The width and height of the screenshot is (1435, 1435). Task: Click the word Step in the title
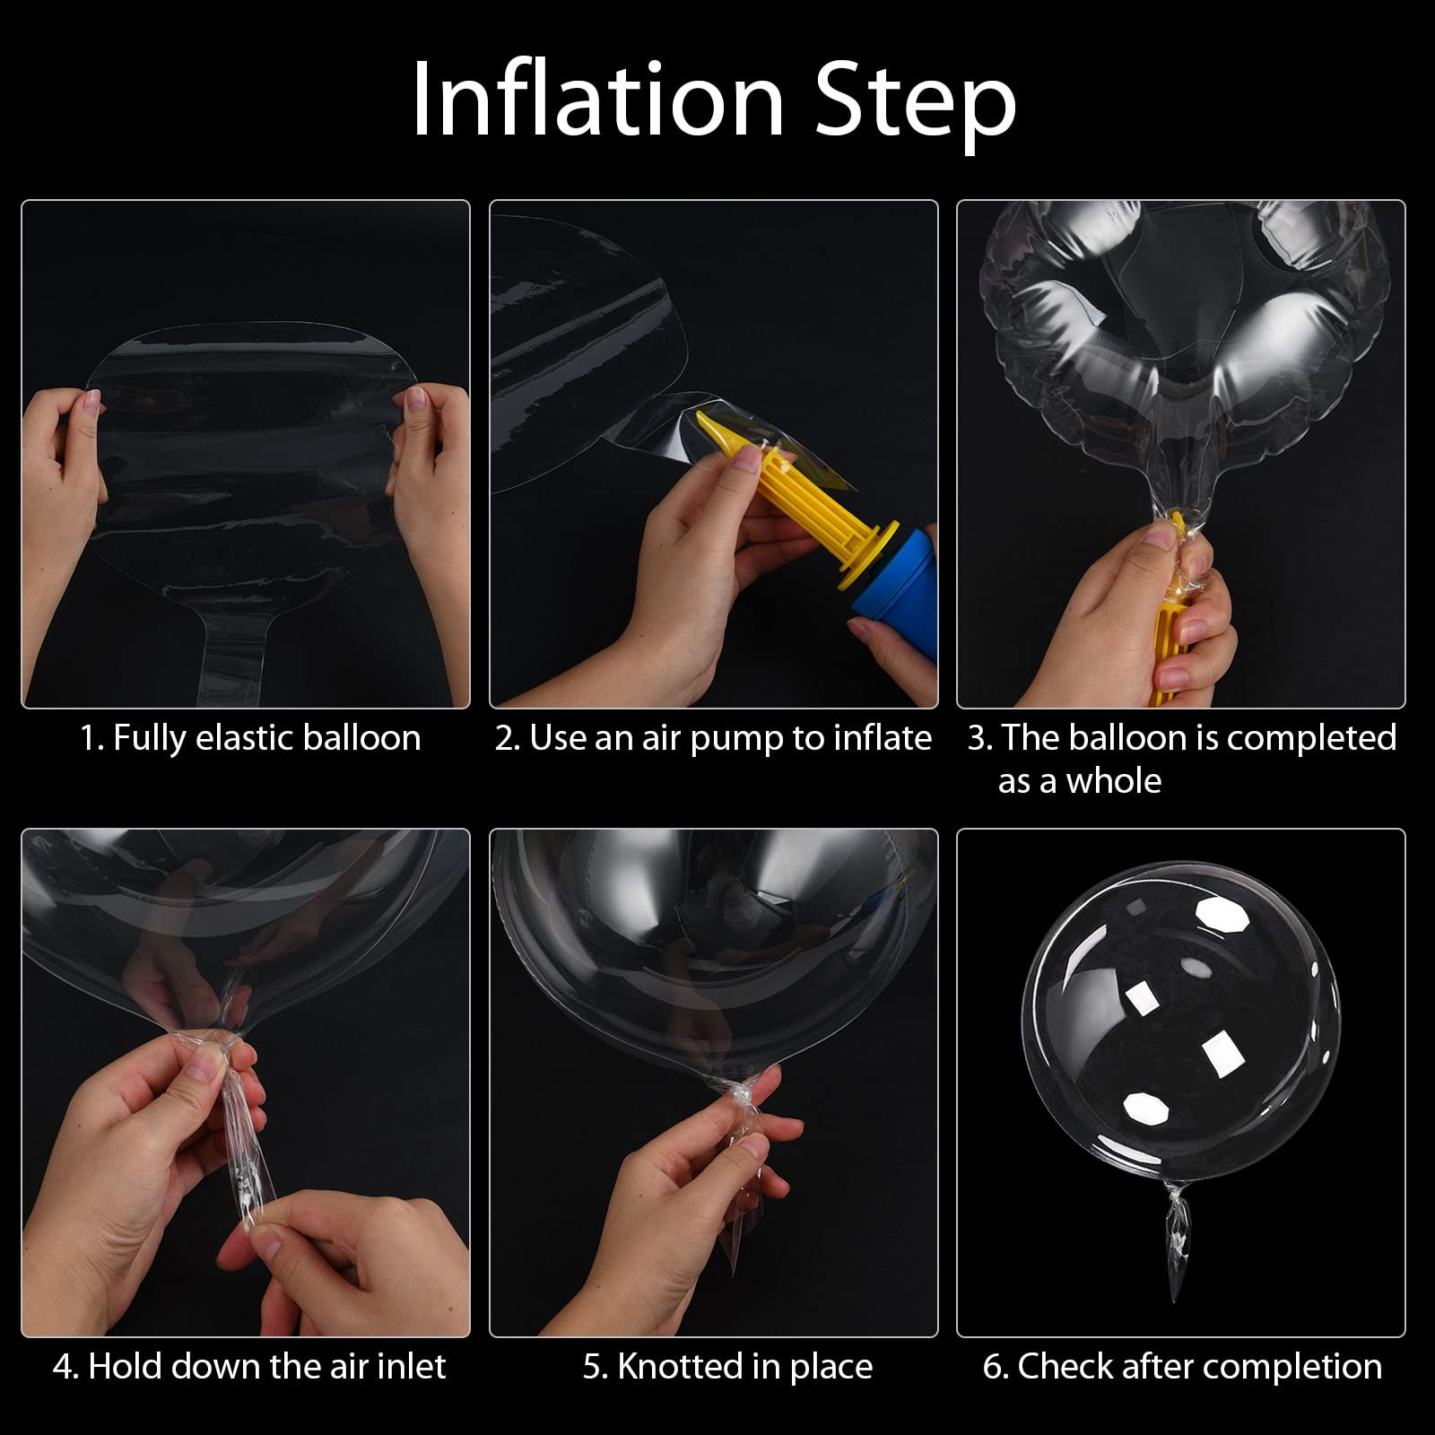click(916, 107)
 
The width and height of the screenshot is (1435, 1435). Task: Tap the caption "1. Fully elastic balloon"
click(250, 739)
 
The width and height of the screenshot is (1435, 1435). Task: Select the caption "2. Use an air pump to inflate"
click(713, 739)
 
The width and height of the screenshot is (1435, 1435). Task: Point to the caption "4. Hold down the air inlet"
click(249, 1367)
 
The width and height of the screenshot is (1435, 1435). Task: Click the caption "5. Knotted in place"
click(727, 1368)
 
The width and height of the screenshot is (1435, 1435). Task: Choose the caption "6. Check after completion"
click(1182, 1368)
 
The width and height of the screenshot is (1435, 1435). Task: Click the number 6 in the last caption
click(993, 1367)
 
